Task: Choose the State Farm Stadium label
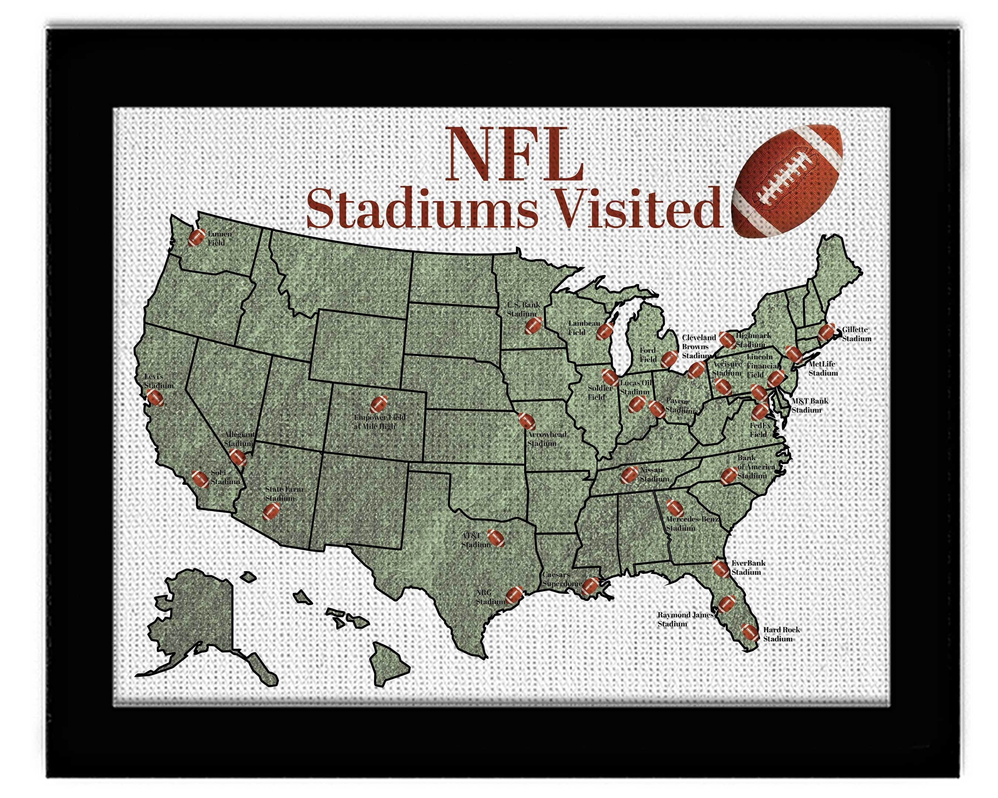click(283, 493)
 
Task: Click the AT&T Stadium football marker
click(495, 538)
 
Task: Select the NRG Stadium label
click(490, 597)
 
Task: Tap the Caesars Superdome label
click(561, 579)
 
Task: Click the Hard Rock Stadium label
click(781, 634)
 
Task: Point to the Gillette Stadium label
click(856, 334)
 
